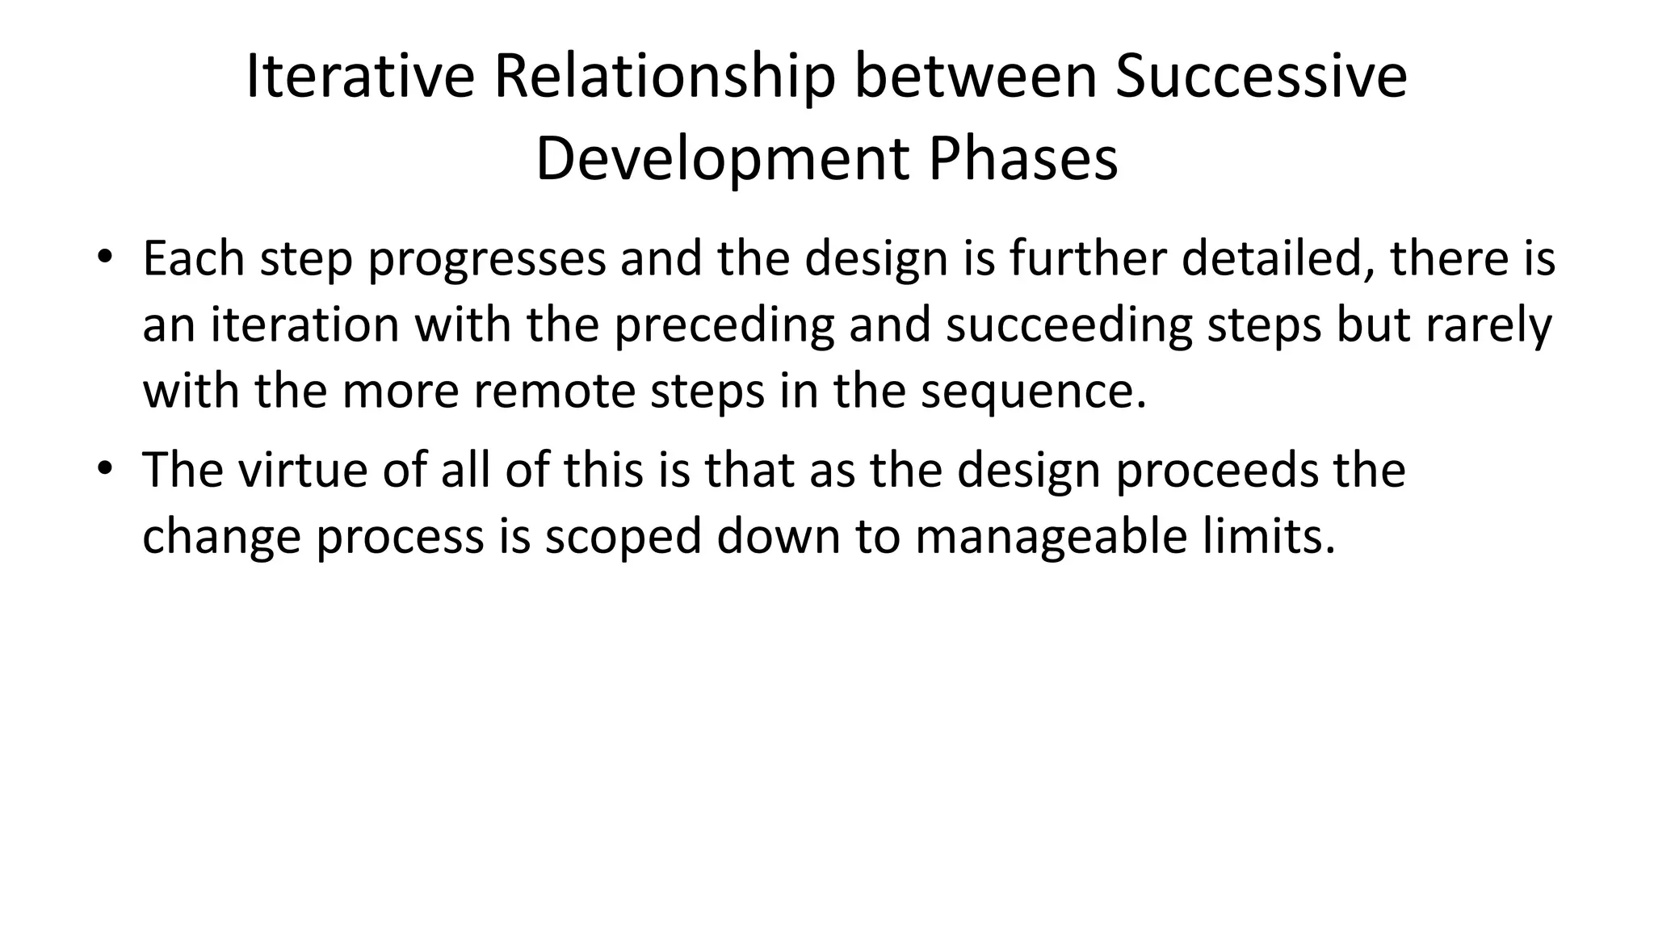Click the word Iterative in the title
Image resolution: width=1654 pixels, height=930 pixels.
(359, 77)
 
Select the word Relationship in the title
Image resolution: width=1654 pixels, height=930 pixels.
(664, 77)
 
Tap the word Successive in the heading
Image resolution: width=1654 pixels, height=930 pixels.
(1261, 77)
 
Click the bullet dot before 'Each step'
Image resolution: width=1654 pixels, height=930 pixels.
(103, 258)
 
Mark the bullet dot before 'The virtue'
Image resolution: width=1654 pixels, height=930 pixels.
(103, 468)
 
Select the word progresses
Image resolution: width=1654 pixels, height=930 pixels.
(487, 260)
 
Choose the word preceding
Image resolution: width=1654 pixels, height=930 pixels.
(724, 326)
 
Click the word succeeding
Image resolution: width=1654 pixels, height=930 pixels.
(1068, 326)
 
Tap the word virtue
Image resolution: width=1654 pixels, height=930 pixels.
(302, 470)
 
